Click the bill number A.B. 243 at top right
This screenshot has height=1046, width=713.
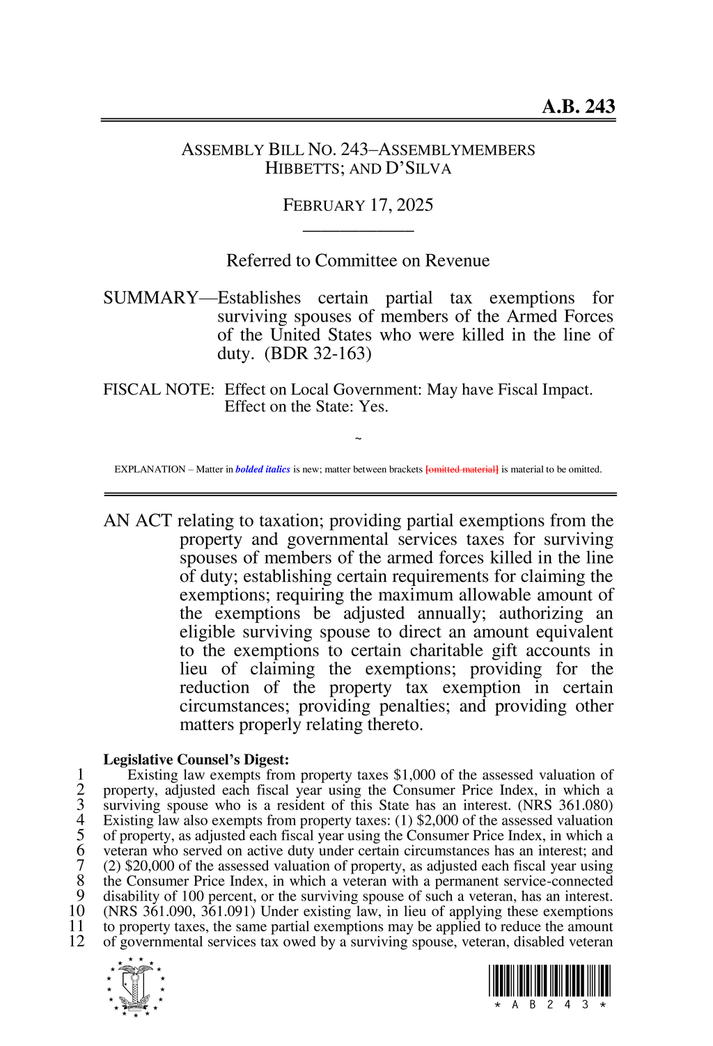point(578,106)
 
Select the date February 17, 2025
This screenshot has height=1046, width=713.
point(358,205)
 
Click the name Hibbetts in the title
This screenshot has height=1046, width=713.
point(300,168)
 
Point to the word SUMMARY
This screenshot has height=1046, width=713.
point(150,298)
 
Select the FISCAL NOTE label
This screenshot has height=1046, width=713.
point(158,390)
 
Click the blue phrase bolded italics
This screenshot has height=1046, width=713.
point(263,470)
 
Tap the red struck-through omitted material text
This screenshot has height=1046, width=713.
point(462,470)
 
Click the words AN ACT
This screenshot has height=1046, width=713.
point(137,521)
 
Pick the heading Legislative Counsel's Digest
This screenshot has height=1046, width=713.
point(196,759)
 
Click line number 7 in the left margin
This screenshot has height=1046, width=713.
point(81,866)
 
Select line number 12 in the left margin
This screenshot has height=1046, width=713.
point(77,942)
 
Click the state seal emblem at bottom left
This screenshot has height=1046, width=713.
point(136,987)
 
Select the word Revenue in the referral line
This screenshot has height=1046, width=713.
point(457,261)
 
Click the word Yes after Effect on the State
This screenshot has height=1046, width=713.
point(373,407)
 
